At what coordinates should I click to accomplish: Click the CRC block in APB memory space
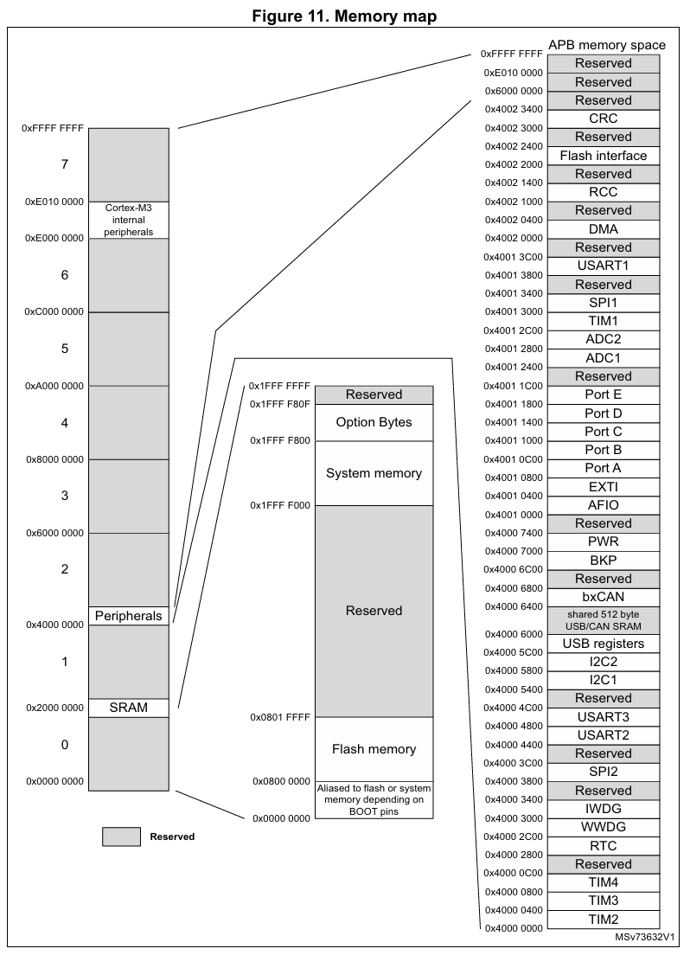click(x=603, y=119)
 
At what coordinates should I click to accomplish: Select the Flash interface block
click(x=603, y=156)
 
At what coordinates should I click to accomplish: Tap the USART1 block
click(x=603, y=266)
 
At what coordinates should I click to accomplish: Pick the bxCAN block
click(x=603, y=597)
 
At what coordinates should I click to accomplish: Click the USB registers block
click(x=603, y=644)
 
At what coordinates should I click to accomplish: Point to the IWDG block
click(x=603, y=809)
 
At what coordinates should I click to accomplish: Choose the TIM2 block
click(x=603, y=919)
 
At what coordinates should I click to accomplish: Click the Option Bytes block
click(x=374, y=422)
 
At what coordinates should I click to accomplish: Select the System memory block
click(x=374, y=473)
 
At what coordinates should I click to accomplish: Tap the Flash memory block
click(x=374, y=749)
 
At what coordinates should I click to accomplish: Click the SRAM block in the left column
click(x=128, y=708)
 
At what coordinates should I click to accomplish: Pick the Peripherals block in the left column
click(x=128, y=616)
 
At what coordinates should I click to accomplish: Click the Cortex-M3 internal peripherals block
click(x=128, y=220)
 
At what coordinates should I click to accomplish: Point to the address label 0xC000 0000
click(x=54, y=311)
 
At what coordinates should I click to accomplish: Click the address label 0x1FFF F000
click(x=279, y=504)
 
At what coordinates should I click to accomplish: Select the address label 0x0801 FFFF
click(x=279, y=717)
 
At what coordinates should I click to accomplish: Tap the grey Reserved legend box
click(x=121, y=836)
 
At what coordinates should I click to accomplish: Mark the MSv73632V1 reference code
click(x=645, y=938)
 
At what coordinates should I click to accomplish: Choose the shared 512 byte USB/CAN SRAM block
click(x=603, y=620)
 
